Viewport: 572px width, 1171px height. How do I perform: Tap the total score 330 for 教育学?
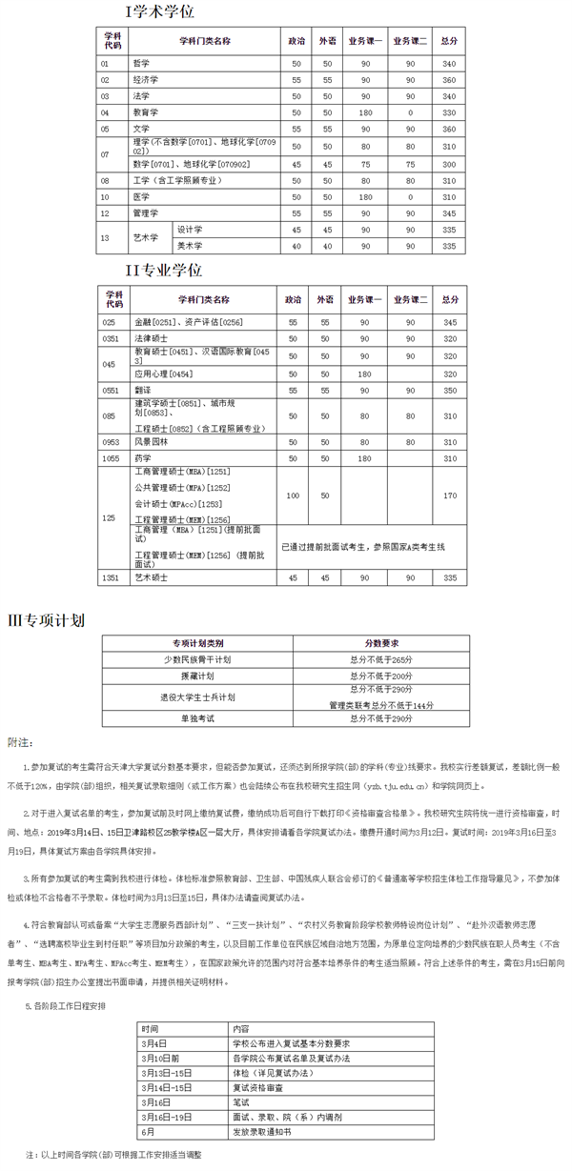[x=449, y=112]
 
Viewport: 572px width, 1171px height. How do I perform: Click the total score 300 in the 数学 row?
[x=449, y=164]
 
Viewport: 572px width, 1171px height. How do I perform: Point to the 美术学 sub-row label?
[x=191, y=246]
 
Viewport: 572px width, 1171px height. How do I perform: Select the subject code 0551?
[x=112, y=390]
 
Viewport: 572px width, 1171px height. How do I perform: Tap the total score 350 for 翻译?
[x=449, y=390]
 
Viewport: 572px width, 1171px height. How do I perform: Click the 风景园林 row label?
[x=151, y=441]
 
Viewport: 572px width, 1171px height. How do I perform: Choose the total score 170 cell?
[x=449, y=495]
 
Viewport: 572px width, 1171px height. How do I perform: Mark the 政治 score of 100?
[x=293, y=495]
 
